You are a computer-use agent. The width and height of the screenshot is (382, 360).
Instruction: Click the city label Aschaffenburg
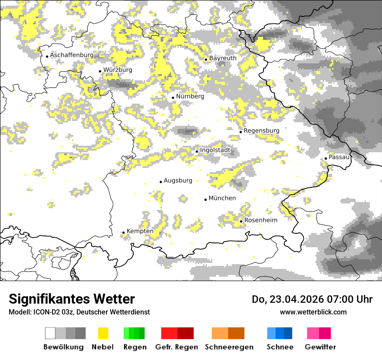(x=72, y=55)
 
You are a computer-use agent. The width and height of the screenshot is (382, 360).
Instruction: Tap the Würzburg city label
(x=118, y=70)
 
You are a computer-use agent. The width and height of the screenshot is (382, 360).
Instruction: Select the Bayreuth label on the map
(x=223, y=58)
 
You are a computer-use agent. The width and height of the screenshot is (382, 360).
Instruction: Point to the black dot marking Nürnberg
(x=173, y=98)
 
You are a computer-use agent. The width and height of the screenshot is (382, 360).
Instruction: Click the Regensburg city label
(x=261, y=131)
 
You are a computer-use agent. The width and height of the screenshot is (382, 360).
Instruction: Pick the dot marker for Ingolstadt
(x=197, y=151)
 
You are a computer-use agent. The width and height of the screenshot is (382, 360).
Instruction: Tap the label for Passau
(x=339, y=157)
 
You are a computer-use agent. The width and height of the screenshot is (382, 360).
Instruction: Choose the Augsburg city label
(x=178, y=180)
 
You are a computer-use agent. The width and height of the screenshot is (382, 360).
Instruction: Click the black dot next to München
(x=205, y=200)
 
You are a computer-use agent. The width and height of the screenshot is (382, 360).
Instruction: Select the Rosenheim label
(x=261, y=220)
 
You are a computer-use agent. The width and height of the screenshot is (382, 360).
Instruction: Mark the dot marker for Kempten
(x=123, y=233)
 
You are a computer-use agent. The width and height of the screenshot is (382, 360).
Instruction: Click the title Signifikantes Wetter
(x=72, y=299)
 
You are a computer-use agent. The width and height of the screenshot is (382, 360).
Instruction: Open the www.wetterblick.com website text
(x=313, y=312)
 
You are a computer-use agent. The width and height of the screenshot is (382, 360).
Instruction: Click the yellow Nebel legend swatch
(x=103, y=333)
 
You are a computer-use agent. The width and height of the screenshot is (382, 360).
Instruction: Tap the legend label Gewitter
(x=320, y=347)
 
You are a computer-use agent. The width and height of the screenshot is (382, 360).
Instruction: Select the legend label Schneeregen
(x=229, y=347)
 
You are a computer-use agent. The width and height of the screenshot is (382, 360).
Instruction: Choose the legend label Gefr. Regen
(x=177, y=347)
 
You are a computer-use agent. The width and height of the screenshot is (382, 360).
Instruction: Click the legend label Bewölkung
(x=63, y=347)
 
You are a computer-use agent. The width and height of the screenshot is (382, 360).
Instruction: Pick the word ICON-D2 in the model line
(x=43, y=312)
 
